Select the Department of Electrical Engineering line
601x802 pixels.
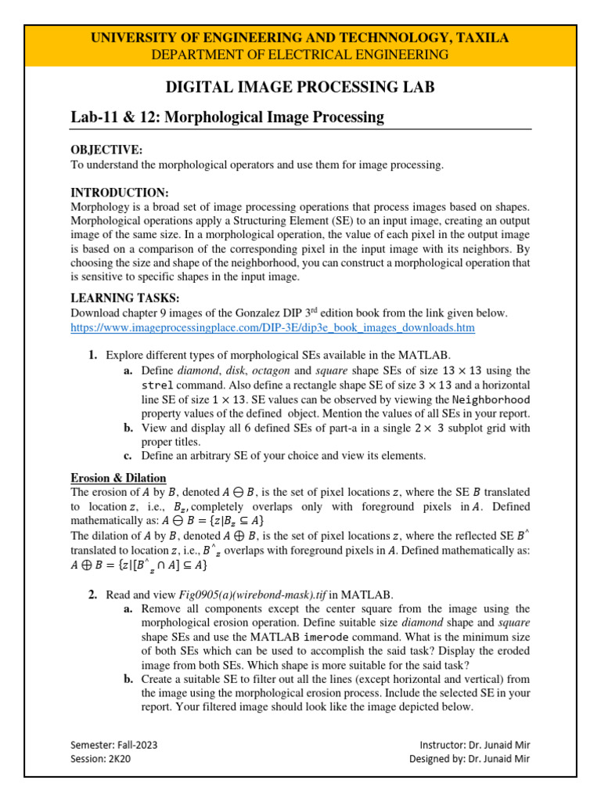(300, 54)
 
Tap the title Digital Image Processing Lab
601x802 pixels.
(300, 87)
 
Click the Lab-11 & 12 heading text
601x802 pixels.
(217, 117)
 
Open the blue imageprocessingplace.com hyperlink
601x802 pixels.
(272, 327)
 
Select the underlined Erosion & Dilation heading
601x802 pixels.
(118, 478)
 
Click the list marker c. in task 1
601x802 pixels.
(128, 455)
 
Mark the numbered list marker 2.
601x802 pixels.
(92, 594)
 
